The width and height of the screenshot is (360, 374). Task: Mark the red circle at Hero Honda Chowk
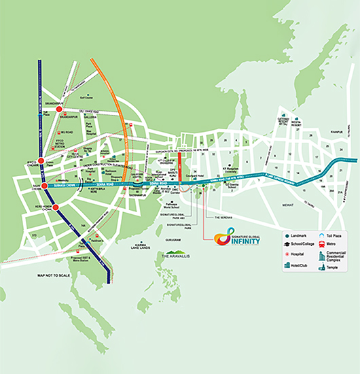pyautogui.click(x=56, y=207)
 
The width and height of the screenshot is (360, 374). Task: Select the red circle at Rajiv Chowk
pyautogui.click(x=44, y=186)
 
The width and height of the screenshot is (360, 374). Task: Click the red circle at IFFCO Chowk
pyautogui.click(x=41, y=161)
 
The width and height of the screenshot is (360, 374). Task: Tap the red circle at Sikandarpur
pyautogui.click(x=59, y=109)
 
